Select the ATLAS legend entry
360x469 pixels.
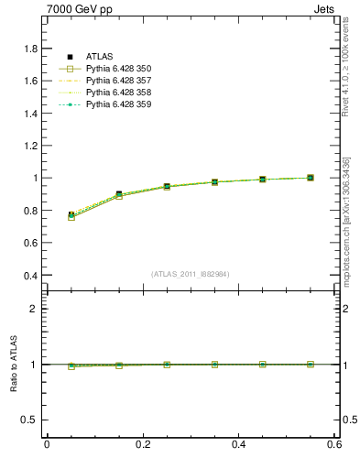point(100,57)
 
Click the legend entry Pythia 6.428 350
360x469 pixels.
point(118,69)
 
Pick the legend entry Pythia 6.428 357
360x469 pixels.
point(118,81)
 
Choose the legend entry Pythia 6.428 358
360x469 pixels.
point(118,93)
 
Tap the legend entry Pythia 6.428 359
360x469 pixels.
point(118,104)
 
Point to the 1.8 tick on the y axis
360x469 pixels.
point(30,49)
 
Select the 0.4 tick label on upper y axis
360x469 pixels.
point(30,275)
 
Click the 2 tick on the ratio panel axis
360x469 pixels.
point(34,309)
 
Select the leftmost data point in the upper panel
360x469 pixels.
point(71,215)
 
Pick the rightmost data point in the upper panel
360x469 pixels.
point(311,178)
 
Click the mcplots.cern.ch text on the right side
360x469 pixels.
point(347,229)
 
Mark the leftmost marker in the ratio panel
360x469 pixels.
point(71,365)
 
